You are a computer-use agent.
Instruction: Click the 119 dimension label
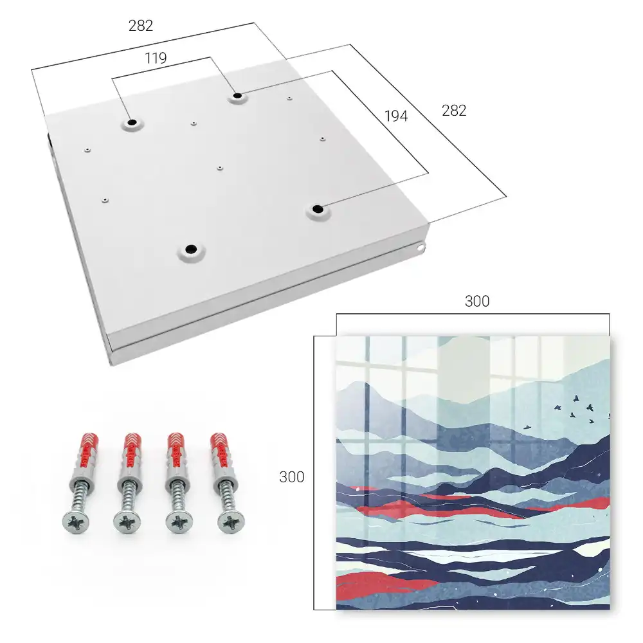156,59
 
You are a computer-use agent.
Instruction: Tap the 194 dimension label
396,116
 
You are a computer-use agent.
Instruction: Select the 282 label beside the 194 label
454,111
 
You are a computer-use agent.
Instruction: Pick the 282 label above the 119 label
141,26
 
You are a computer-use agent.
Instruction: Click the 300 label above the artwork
477,301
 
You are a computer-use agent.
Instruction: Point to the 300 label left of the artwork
291,476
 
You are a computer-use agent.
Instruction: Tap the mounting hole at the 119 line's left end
132,122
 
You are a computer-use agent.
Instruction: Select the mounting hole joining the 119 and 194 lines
237,96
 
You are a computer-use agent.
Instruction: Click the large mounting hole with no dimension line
191,249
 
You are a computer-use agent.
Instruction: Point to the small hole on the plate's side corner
421,248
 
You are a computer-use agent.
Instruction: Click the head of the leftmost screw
76,522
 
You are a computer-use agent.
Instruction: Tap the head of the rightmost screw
231,522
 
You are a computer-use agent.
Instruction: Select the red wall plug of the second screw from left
132,451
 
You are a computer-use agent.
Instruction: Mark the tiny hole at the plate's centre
220,168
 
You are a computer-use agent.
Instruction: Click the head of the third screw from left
179,522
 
